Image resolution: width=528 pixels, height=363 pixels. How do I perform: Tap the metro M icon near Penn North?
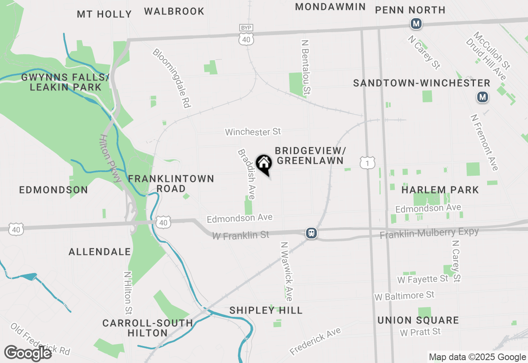click(416, 24)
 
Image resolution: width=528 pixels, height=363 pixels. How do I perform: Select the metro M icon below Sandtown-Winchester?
click(483, 97)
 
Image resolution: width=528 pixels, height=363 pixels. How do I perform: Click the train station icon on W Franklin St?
click(311, 233)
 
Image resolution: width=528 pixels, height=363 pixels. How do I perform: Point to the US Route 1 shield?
click(367, 163)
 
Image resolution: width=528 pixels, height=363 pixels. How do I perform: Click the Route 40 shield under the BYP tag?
click(246, 39)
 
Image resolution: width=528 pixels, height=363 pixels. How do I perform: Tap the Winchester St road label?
click(253, 132)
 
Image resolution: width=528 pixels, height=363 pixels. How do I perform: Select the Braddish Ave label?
click(246, 174)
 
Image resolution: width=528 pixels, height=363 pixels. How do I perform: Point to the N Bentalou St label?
click(306, 67)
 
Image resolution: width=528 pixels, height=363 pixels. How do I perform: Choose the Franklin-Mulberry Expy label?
click(429, 233)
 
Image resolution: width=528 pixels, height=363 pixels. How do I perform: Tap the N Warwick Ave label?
click(287, 271)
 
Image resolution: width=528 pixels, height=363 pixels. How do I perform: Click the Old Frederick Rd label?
click(40, 339)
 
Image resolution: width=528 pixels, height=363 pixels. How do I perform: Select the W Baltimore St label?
click(404, 296)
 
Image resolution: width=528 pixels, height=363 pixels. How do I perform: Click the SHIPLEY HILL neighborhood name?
click(266, 310)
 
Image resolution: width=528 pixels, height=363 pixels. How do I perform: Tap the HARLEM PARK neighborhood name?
click(440, 190)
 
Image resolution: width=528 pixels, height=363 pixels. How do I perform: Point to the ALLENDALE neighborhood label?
click(100, 252)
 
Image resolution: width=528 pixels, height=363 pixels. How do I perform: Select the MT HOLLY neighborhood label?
click(104, 14)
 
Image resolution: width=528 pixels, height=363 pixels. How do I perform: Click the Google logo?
click(28, 353)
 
